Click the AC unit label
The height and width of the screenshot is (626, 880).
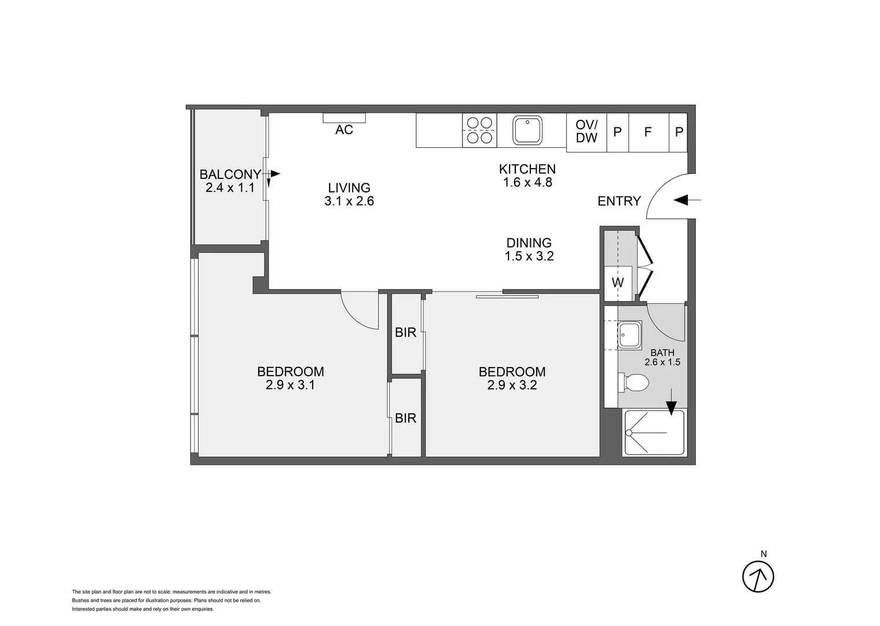(344, 129)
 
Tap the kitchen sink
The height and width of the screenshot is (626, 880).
(527, 130)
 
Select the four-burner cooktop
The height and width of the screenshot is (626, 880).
(479, 130)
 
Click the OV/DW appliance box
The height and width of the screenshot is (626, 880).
(586, 132)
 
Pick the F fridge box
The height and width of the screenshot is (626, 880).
(648, 132)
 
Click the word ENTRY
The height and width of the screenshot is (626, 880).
(619, 201)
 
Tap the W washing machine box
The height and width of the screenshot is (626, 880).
(618, 283)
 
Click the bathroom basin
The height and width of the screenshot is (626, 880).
(629, 335)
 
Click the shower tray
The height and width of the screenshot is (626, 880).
(654, 432)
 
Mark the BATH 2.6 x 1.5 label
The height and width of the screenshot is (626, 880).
(662, 358)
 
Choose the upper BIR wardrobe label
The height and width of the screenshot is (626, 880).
(405, 333)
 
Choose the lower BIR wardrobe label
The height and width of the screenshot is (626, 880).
(405, 418)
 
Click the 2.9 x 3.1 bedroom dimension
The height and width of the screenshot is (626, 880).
(290, 385)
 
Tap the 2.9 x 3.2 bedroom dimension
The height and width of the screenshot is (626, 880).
(512, 385)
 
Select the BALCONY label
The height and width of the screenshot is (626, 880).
(230, 174)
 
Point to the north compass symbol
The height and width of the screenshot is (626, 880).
(758, 576)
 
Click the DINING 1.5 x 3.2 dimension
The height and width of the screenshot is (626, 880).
(529, 256)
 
